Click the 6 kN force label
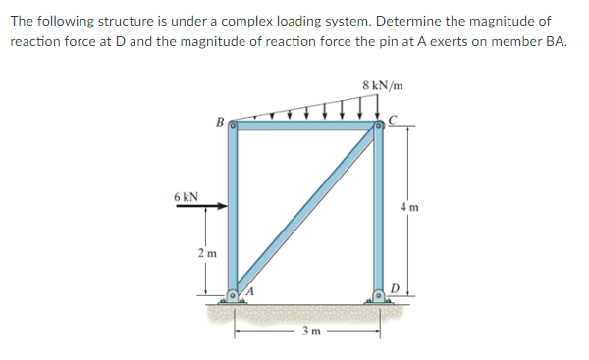click(x=186, y=195)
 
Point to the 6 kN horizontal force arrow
click(x=209, y=207)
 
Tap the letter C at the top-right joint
click(x=393, y=121)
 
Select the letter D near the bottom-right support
click(x=394, y=286)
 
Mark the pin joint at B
click(x=233, y=125)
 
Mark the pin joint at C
click(x=378, y=126)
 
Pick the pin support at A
click(x=233, y=294)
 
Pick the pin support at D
click(x=378, y=294)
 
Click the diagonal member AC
click(x=305, y=210)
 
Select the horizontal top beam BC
click(x=305, y=125)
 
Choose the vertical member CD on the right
click(x=378, y=211)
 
